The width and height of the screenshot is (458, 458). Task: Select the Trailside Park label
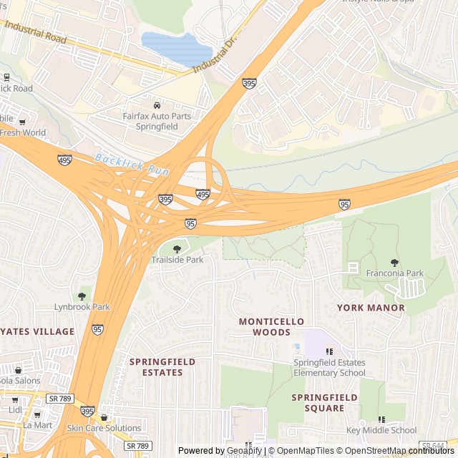click(177, 260)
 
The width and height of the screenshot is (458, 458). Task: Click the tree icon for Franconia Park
click(394, 263)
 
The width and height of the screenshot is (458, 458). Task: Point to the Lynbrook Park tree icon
click(82, 296)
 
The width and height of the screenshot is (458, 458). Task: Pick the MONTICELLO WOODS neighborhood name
click(271, 327)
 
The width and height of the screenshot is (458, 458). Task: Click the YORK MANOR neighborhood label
click(371, 308)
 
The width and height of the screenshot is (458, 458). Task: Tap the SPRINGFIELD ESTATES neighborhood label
click(162, 367)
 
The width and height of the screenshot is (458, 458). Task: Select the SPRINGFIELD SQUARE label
click(324, 402)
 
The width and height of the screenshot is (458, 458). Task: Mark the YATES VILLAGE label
click(36, 331)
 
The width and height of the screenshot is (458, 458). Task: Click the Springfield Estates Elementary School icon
click(329, 351)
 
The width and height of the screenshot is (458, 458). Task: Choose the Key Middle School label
click(381, 430)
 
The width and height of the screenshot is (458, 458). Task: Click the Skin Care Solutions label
click(104, 428)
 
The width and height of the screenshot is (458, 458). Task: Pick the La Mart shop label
click(37, 424)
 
